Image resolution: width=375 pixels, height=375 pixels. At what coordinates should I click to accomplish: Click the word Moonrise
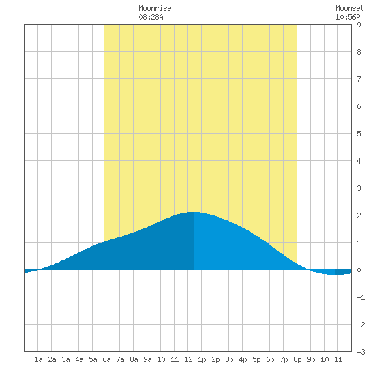(155, 8)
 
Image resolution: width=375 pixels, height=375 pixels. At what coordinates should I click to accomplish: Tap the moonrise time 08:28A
(151, 17)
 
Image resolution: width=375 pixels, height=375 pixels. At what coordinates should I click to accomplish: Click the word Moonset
(350, 8)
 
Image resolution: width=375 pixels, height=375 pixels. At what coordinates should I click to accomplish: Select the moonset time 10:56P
(348, 17)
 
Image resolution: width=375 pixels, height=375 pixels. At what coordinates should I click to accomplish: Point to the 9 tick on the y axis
(359, 25)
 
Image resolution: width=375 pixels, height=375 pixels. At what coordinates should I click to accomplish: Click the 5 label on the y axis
(359, 134)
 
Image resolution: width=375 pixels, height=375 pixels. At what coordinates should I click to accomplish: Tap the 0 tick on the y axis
(359, 270)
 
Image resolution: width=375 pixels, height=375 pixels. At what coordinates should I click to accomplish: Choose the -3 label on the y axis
(361, 352)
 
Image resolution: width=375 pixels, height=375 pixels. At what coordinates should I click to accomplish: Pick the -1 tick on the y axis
(361, 297)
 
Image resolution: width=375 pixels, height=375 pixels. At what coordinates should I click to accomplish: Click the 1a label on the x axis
(38, 359)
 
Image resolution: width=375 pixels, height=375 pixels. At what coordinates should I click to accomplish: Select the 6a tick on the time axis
(106, 359)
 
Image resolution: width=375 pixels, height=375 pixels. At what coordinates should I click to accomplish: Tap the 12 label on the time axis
(188, 359)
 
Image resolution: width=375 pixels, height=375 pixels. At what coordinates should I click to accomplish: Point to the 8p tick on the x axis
(297, 359)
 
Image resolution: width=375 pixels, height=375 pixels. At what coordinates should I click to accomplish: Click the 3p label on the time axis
(229, 359)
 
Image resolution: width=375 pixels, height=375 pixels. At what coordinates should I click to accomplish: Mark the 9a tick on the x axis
(147, 359)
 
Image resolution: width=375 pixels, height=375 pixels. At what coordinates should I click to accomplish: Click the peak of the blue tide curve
(193, 212)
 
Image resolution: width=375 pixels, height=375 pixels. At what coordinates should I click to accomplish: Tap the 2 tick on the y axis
(359, 215)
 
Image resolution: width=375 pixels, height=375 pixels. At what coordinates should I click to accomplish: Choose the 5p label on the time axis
(256, 359)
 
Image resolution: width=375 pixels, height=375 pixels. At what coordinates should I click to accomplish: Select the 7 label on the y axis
(359, 79)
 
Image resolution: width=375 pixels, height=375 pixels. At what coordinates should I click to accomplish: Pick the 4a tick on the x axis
(79, 359)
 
